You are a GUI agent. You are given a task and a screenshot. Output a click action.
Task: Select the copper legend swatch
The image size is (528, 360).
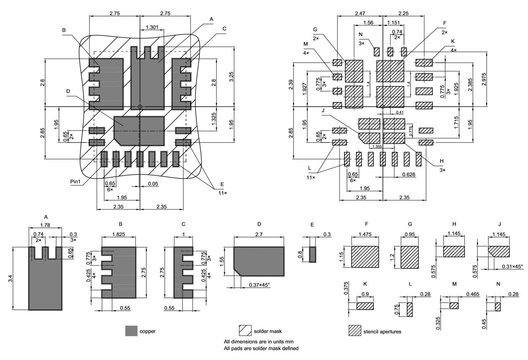pyautogui.click(x=131, y=331)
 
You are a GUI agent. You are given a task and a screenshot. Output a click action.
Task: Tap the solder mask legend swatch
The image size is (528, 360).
pyautogui.click(x=245, y=331)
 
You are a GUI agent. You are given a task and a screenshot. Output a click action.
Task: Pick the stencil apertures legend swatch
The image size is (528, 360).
pyautogui.click(x=355, y=331)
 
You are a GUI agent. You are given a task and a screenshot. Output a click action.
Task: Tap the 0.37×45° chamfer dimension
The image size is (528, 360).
pyautogui.click(x=257, y=285)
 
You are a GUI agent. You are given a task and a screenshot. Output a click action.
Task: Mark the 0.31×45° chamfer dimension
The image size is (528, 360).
pyautogui.click(x=511, y=266)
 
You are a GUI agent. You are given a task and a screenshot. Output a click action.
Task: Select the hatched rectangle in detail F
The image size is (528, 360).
pyautogui.click(x=365, y=258)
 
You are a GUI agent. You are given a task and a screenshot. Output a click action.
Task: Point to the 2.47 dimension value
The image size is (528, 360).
pyautogui.click(x=359, y=14)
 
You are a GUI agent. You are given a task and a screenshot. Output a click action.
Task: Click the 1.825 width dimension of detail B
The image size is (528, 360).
pyautogui.click(x=119, y=234)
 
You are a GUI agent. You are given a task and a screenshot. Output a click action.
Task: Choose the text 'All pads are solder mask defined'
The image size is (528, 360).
pyautogui.click(x=261, y=348)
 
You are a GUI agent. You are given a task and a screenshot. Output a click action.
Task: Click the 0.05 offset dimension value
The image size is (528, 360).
pyautogui.click(x=153, y=183)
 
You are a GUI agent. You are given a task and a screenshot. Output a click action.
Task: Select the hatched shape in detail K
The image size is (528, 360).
pyautogui.click(x=365, y=306)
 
